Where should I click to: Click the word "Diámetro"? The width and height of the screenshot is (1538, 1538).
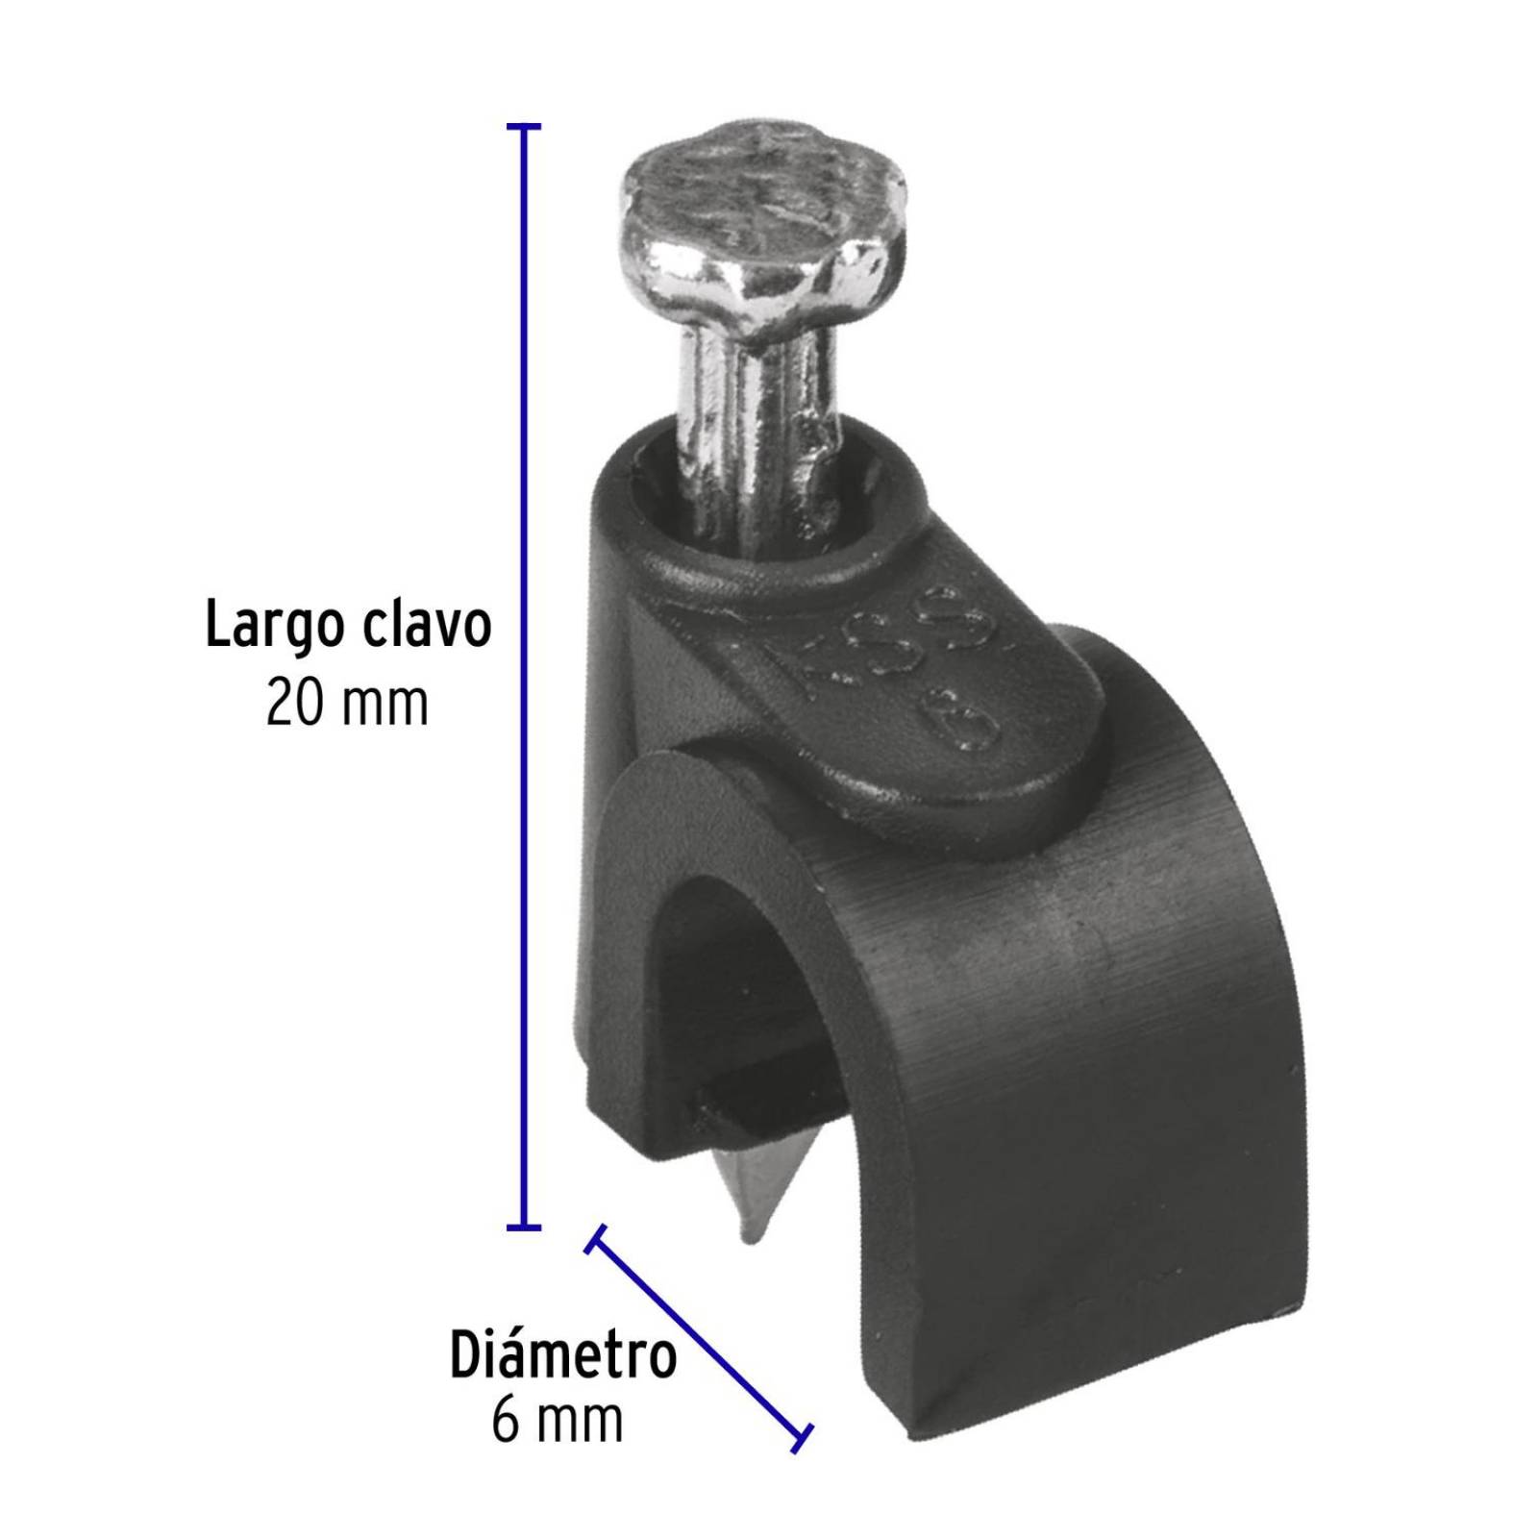[x=563, y=1355]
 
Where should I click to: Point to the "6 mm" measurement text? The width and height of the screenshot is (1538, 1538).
[x=557, y=1420]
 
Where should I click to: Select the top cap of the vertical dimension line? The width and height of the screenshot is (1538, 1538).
[x=523, y=126]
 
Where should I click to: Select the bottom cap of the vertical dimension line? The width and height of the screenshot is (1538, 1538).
[x=523, y=1228]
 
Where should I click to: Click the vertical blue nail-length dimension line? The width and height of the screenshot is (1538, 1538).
[x=523, y=673]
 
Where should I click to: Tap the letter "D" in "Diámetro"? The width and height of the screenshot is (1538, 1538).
[x=466, y=1355]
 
